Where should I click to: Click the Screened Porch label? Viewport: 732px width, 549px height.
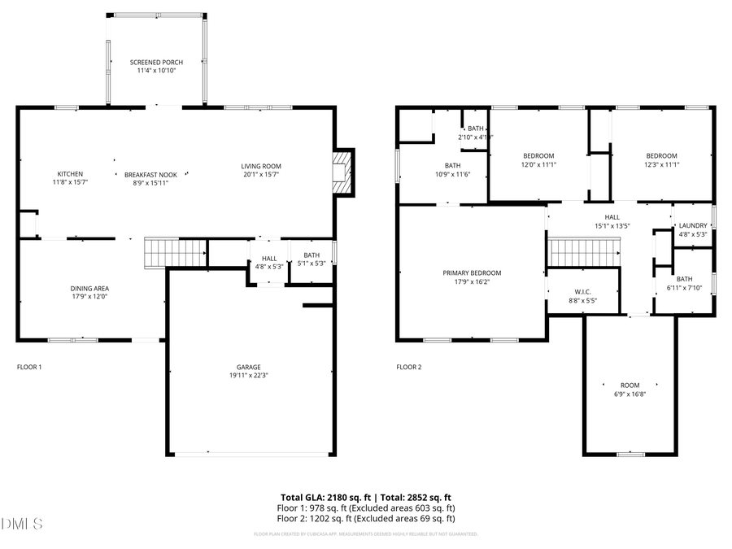click(x=156, y=63)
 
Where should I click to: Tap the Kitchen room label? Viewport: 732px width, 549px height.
click(x=70, y=174)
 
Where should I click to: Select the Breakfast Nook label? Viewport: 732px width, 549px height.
click(x=150, y=175)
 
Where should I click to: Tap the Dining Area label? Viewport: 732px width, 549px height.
click(x=89, y=288)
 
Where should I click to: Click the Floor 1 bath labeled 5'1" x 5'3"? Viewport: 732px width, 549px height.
click(x=312, y=259)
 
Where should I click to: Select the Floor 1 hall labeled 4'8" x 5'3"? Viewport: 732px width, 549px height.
click(x=269, y=262)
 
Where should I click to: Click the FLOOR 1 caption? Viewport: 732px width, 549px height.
click(x=29, y=367)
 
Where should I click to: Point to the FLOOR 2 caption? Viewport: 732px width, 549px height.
click(x=409, y=367)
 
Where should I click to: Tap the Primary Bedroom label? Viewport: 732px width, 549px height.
click(x=472, y=273)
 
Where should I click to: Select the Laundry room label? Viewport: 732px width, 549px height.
click(x=693, y=225)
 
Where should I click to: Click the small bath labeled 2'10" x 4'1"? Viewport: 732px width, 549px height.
click(x=475, y=133)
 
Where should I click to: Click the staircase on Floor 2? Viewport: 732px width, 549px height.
click(x=584, y=252)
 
